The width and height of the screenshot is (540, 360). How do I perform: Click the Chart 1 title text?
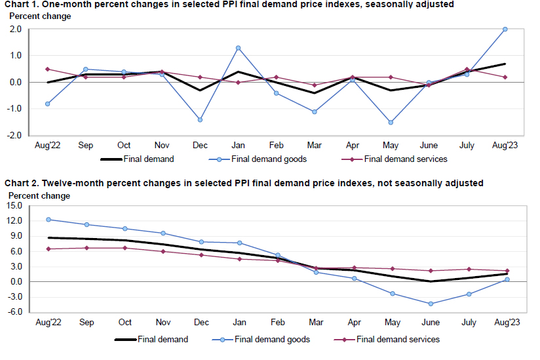(229, 5)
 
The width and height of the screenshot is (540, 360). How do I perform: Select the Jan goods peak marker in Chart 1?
(238, 48)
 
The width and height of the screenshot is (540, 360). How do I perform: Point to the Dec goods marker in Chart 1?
(200, 119)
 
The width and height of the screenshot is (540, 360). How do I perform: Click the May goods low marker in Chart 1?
(391, 122)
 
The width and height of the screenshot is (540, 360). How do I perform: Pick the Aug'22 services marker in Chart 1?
(48, 69)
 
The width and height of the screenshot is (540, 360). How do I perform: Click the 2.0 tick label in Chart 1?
(16, 30)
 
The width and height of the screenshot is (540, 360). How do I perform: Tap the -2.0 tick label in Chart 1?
(15, 135)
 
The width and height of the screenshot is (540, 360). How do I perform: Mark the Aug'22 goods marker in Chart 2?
(48, 220)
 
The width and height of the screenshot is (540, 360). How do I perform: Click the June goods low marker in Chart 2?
(431, 304)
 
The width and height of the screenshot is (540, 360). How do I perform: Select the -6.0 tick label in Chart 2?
(15, 312)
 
